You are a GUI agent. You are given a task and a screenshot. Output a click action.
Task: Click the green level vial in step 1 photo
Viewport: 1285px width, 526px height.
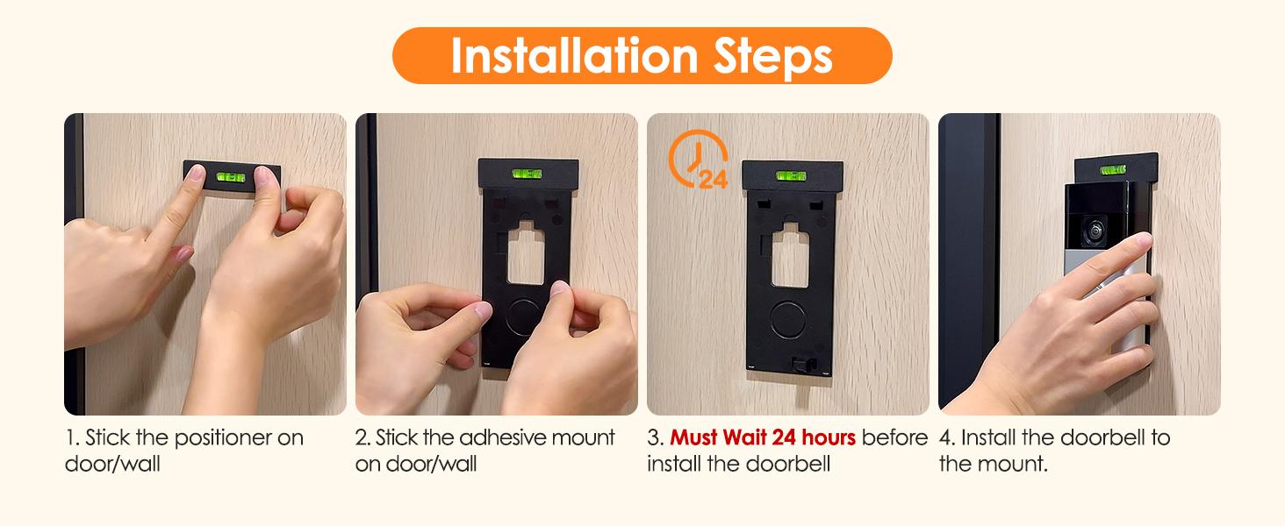pyautogui.click(x=230, y=177)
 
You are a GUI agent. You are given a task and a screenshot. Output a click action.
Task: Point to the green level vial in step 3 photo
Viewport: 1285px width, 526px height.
pyautogui.click(x=791, y=176)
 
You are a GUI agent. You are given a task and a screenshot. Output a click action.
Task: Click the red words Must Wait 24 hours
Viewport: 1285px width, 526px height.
pyautogui.click(x=763, y=437)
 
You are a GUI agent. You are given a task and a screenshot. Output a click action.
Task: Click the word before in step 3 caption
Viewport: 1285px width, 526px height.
pyautogui.click(x=894, y=437)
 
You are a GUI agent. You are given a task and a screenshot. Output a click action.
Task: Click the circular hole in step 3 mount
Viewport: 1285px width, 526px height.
pyautogui.click(x=793, y=319)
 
